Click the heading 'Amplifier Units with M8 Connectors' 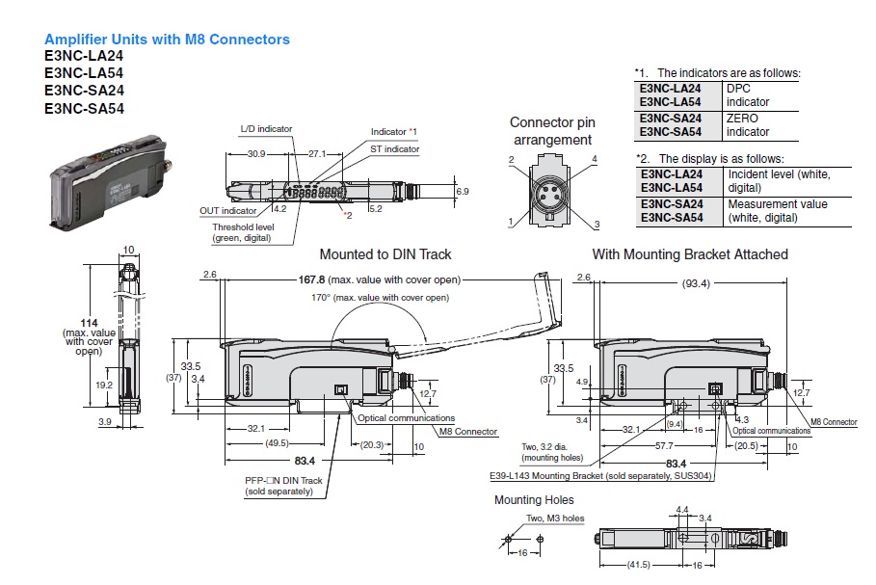pyautogui.click(x=167, y=40)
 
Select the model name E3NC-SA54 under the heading pyautogui.click(x=84, y=109)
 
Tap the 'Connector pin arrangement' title pyautogui.click(x=552, y=131)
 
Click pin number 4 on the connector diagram pyautogui.click(x=595, y=158)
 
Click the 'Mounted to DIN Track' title pyautogui.click(x=385, y=254)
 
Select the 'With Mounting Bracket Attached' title pyautogui.click(x=690, y=254)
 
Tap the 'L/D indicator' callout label pyautogui.click(x=266, y=128)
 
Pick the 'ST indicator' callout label pyautogui.click(x=395, y=149)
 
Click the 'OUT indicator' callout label pyautogui.click(x=227, y=210)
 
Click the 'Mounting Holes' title pyautogui.click(x=534, y=500)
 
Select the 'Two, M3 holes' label pyautogui.click(x=555, y=519)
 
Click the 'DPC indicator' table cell pyautogui.click(x=748, y=94)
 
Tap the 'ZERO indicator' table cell pyautogui.click(x=748, y=124)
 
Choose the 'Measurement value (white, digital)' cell pyautogui.click(x=778, y=211)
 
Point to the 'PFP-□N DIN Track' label pyautogui.click(x=282, y=481)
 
